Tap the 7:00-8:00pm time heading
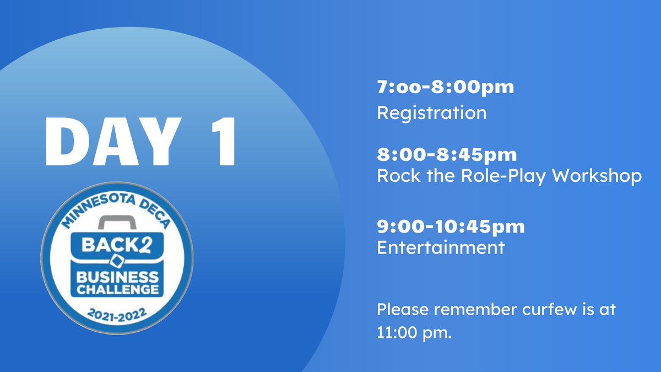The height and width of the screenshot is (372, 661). (x=445, y=87)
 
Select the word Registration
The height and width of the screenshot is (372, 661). (x=431, y=113)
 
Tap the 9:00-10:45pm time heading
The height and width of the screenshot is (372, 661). (x=451, y=226)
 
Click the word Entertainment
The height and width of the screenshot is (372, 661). (x=440, y=247)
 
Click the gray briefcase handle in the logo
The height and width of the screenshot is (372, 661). (x=116, y=223)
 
